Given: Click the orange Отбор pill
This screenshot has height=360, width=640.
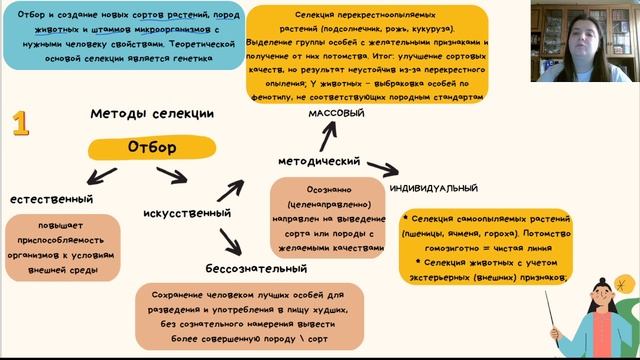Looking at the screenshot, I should click(x=152, y=148).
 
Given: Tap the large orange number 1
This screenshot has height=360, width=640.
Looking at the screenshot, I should click(x=21, y=123).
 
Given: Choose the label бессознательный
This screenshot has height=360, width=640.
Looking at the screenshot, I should click(x=256, y=269).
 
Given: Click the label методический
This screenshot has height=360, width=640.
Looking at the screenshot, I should click(x=318, y=160).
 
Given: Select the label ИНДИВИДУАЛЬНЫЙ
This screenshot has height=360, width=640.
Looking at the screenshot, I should click(x=432, y=188).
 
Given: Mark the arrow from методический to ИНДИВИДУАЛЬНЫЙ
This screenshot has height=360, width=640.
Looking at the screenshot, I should click(x=377, y=166).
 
